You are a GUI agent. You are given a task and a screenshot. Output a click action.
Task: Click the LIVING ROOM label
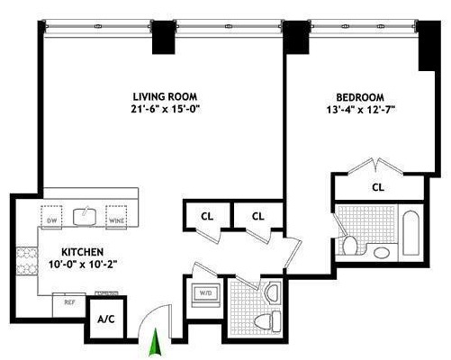tap(165, 95)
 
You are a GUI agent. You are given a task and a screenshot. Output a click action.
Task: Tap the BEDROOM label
tap(360, 97)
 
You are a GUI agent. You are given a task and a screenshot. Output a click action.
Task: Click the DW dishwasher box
tap(52, 219)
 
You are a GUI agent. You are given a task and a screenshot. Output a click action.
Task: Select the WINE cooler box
tap(115, 219)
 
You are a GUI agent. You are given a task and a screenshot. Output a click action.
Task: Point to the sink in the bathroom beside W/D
tap(273, 292)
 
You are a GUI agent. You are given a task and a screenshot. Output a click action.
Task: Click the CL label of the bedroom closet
tap(378, 187)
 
